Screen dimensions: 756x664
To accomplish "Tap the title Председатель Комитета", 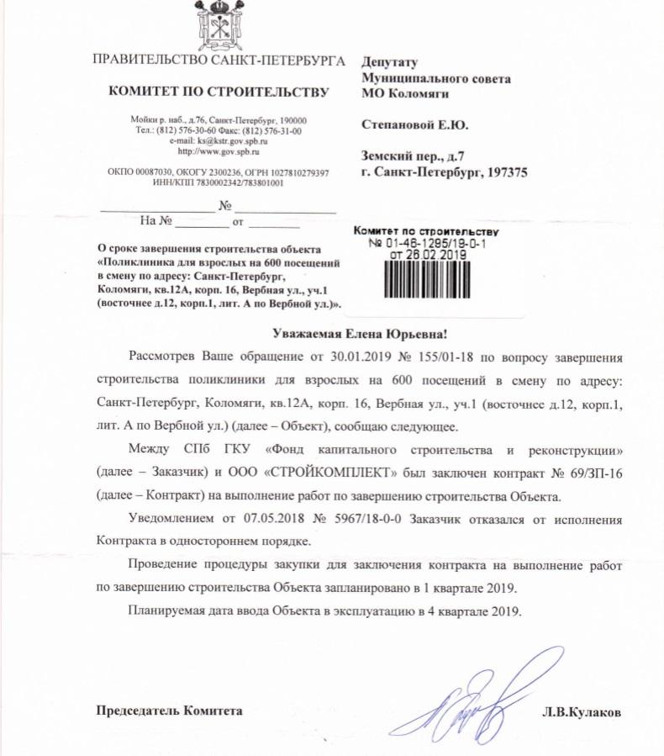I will click(x=170, y=711).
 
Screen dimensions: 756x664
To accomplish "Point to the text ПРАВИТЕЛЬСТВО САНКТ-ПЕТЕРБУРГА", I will click(x=218, y=61).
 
